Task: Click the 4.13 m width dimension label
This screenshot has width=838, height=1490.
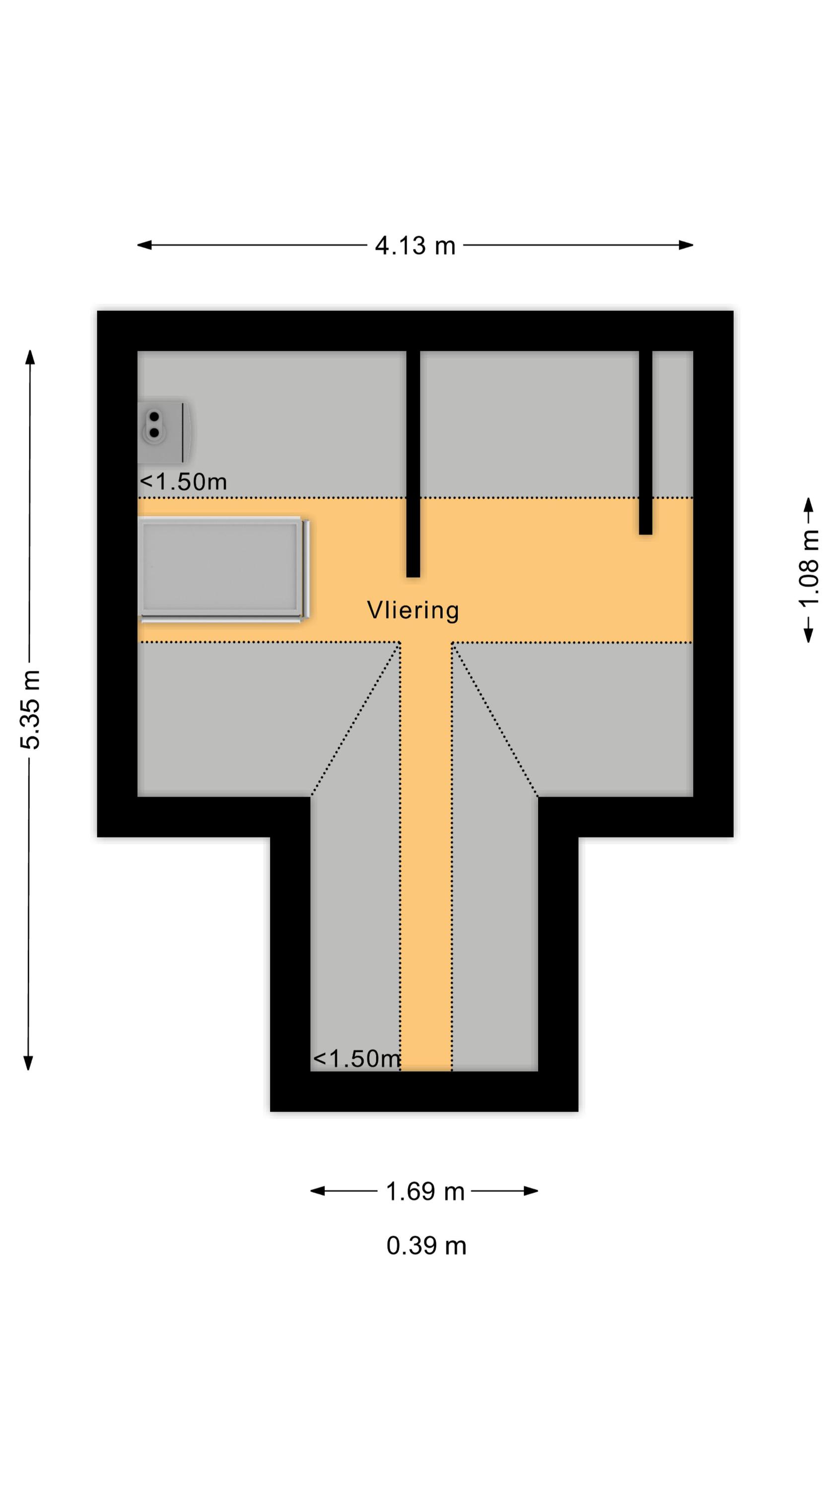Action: point(415,246)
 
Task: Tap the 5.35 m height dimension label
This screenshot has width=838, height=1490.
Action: point(31,709)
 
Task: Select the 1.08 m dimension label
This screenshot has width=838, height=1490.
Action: point(809,569)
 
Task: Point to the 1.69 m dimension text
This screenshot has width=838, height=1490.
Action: point(425,1192)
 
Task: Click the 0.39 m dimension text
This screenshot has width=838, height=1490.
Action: point(426,1246)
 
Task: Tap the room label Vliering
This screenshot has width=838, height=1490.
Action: point(413,610)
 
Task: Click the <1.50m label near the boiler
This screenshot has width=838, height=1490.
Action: point(183,482)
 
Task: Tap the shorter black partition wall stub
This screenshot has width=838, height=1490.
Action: point(645,443)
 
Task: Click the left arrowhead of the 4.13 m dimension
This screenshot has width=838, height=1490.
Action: point(144,245)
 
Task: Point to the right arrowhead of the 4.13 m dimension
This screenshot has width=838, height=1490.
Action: point(687,245)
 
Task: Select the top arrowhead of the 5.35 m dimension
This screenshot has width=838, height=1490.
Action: point(30,357)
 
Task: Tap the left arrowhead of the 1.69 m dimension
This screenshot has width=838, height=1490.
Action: point(318,1191)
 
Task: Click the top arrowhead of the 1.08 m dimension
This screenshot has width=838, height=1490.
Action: point(809,505)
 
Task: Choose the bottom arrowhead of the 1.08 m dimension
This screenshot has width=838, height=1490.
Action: point(809,636)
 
